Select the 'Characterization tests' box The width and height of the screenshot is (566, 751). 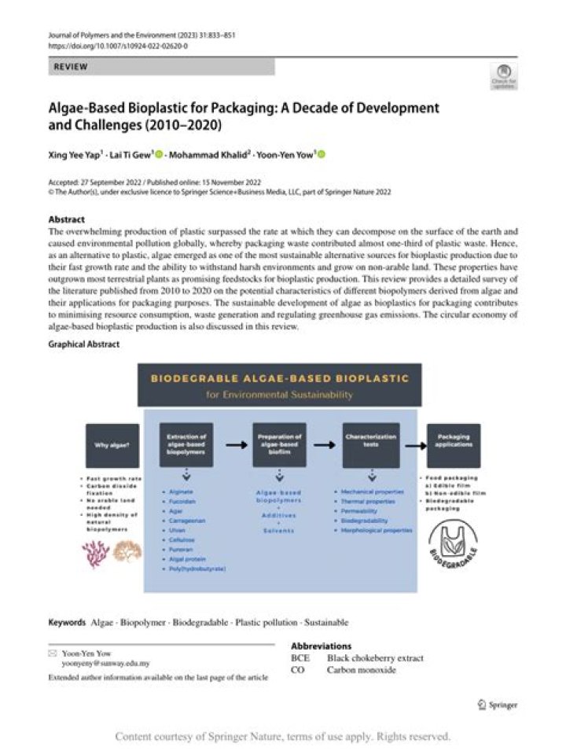click(x=370, y=445)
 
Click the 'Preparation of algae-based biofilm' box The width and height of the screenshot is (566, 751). click(x=279, y=445)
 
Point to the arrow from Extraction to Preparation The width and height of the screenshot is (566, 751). click(x=233, y=444)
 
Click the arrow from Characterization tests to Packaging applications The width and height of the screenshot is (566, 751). click(x=412, y=444)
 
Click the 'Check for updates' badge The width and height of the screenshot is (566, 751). click(x=503, y=75)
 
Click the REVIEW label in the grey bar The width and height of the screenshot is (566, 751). click(x=71, y=68)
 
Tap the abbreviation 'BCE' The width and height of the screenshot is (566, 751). click(x=300, y=658)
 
